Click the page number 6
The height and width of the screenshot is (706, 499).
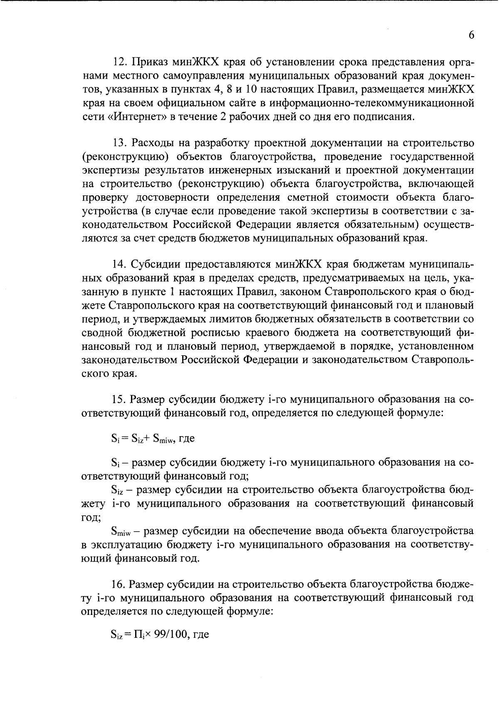(x=471, y=35)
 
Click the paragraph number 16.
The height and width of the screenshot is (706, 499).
(x=119, y=585)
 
